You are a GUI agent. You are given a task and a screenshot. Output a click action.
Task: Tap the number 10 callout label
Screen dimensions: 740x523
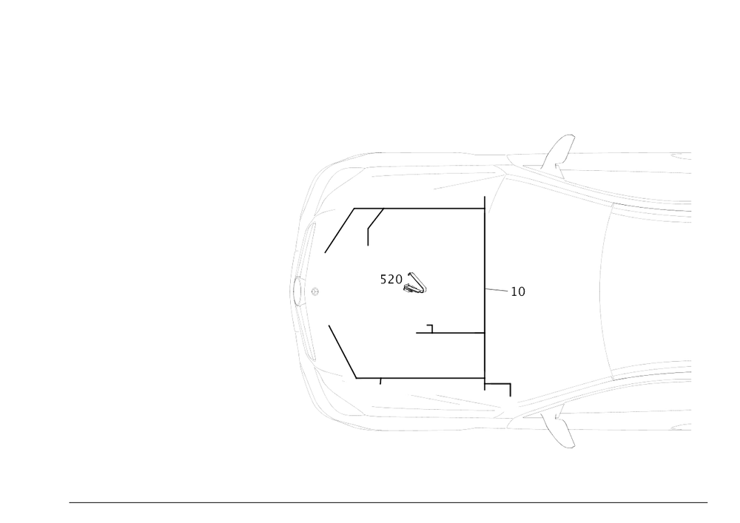click(518, 292)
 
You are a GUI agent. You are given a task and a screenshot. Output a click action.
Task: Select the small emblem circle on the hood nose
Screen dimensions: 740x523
click(314, 291)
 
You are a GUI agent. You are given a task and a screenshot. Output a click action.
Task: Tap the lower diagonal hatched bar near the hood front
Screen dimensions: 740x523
click(342, 351)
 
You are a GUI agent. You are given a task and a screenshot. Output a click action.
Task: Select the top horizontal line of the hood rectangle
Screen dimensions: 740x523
click(418, 208)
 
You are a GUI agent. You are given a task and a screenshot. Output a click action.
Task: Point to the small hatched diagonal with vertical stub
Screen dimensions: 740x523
click(373, 223)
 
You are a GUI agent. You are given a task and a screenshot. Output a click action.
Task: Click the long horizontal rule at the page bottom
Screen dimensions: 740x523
click(388, 503)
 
